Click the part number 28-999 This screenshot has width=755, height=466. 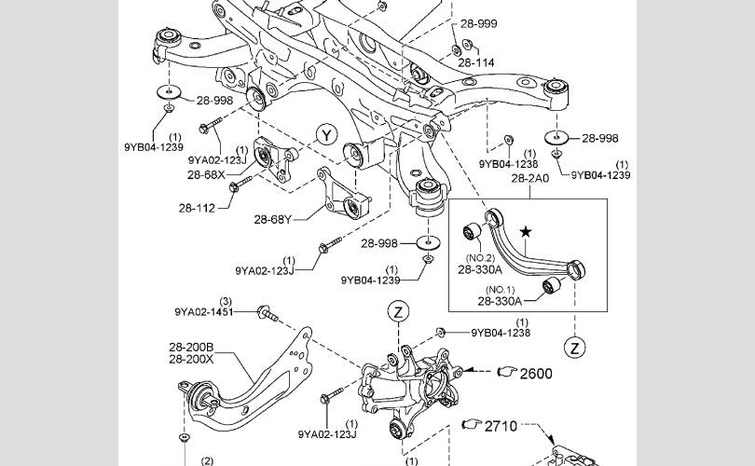478,23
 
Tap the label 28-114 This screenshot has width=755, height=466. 476,62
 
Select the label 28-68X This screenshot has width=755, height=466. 206,174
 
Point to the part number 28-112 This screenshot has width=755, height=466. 197,209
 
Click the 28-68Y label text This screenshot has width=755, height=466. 272,220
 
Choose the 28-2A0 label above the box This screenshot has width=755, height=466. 530,179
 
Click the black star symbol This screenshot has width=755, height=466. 526,232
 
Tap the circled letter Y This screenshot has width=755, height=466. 327,135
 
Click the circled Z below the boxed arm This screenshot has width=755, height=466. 574,348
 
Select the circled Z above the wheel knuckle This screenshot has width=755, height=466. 398,312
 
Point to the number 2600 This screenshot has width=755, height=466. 536,374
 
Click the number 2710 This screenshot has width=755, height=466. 501,426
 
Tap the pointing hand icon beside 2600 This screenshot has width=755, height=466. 507,372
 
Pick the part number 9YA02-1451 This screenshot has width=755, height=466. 204,312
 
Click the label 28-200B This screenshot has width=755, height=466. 191,347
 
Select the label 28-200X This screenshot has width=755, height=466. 191,359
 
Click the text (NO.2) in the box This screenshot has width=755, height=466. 480,258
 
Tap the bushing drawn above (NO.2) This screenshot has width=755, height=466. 472,232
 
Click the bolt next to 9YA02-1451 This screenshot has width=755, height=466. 268,313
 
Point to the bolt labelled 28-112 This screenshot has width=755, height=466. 240,184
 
